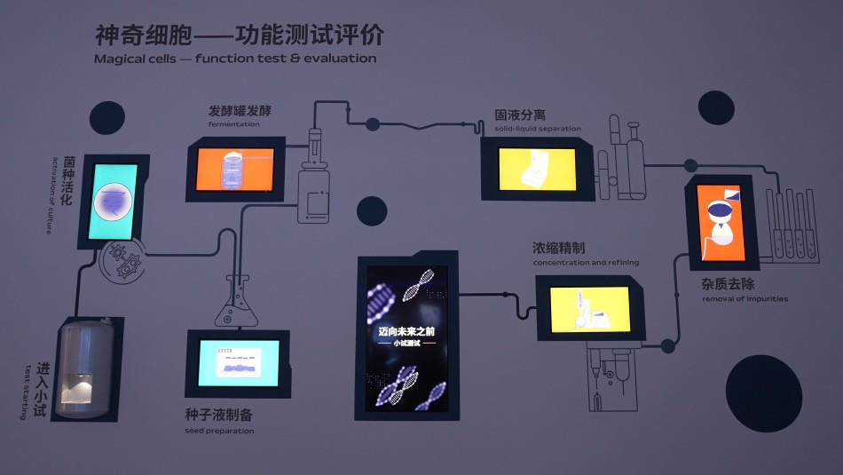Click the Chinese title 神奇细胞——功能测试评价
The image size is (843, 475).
click(x=240, y=35)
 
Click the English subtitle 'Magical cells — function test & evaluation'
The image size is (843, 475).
click(x=235, y=59)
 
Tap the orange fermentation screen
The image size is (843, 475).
click(x=234, y=169)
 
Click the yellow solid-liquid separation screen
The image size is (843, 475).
click(x=537, y=169)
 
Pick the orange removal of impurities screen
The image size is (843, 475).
click(x=727, y=223)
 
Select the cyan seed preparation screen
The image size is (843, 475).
click(x=238, y=362)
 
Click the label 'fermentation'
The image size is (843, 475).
click(x=234, y=124)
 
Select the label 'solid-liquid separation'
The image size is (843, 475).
click(x=538, y=129)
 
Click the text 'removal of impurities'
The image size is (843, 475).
click(x=745, y=299)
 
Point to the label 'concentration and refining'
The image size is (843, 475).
click(x=586, y=263)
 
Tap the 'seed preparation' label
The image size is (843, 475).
click(x=219, y=431)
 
